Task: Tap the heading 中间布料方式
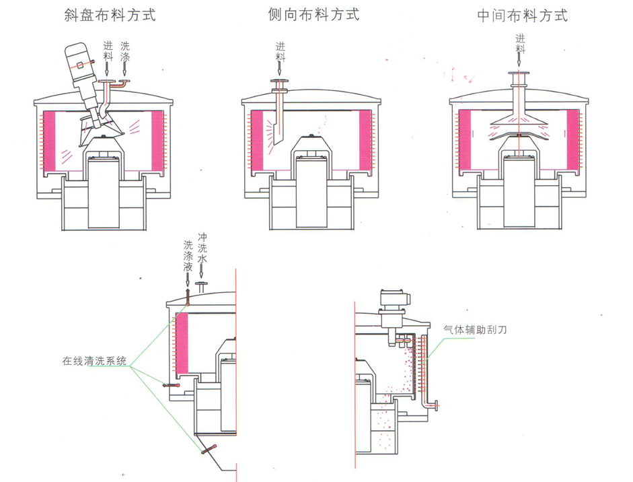click(523, 15)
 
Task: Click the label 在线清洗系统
click(91, 361)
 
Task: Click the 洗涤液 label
click(188, 257)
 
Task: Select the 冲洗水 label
click(202, 248)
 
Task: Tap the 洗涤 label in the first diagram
click(125, 53)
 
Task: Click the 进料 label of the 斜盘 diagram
click(108, 53)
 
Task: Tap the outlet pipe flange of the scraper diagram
click(438, 405)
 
